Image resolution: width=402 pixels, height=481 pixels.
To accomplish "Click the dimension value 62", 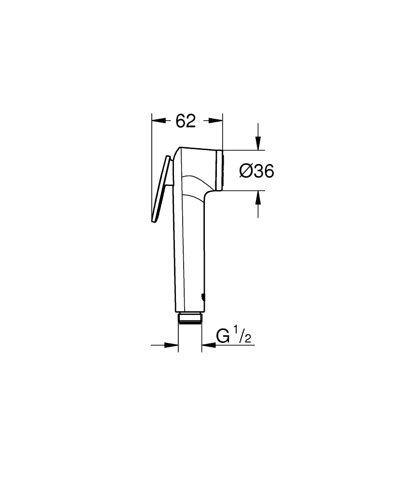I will click(x=186, y=121).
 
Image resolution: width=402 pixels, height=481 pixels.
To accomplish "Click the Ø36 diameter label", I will click(x=256, y=171).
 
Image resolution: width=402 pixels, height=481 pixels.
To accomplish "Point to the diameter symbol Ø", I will click(x=245, y=171).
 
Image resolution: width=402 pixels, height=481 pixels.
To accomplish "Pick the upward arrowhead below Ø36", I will click(x=258, y=197).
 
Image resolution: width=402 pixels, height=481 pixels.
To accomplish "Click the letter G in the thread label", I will click(x=223, y=336).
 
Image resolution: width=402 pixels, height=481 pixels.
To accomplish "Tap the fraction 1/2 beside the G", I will click(x=243, y=336).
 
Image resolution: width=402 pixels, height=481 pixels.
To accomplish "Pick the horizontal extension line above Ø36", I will click(x=241, y=150).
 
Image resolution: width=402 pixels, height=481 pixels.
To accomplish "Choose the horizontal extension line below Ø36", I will click(x=241, y=190).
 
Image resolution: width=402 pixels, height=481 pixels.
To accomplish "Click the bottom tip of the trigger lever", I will click(x=153, y=221).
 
